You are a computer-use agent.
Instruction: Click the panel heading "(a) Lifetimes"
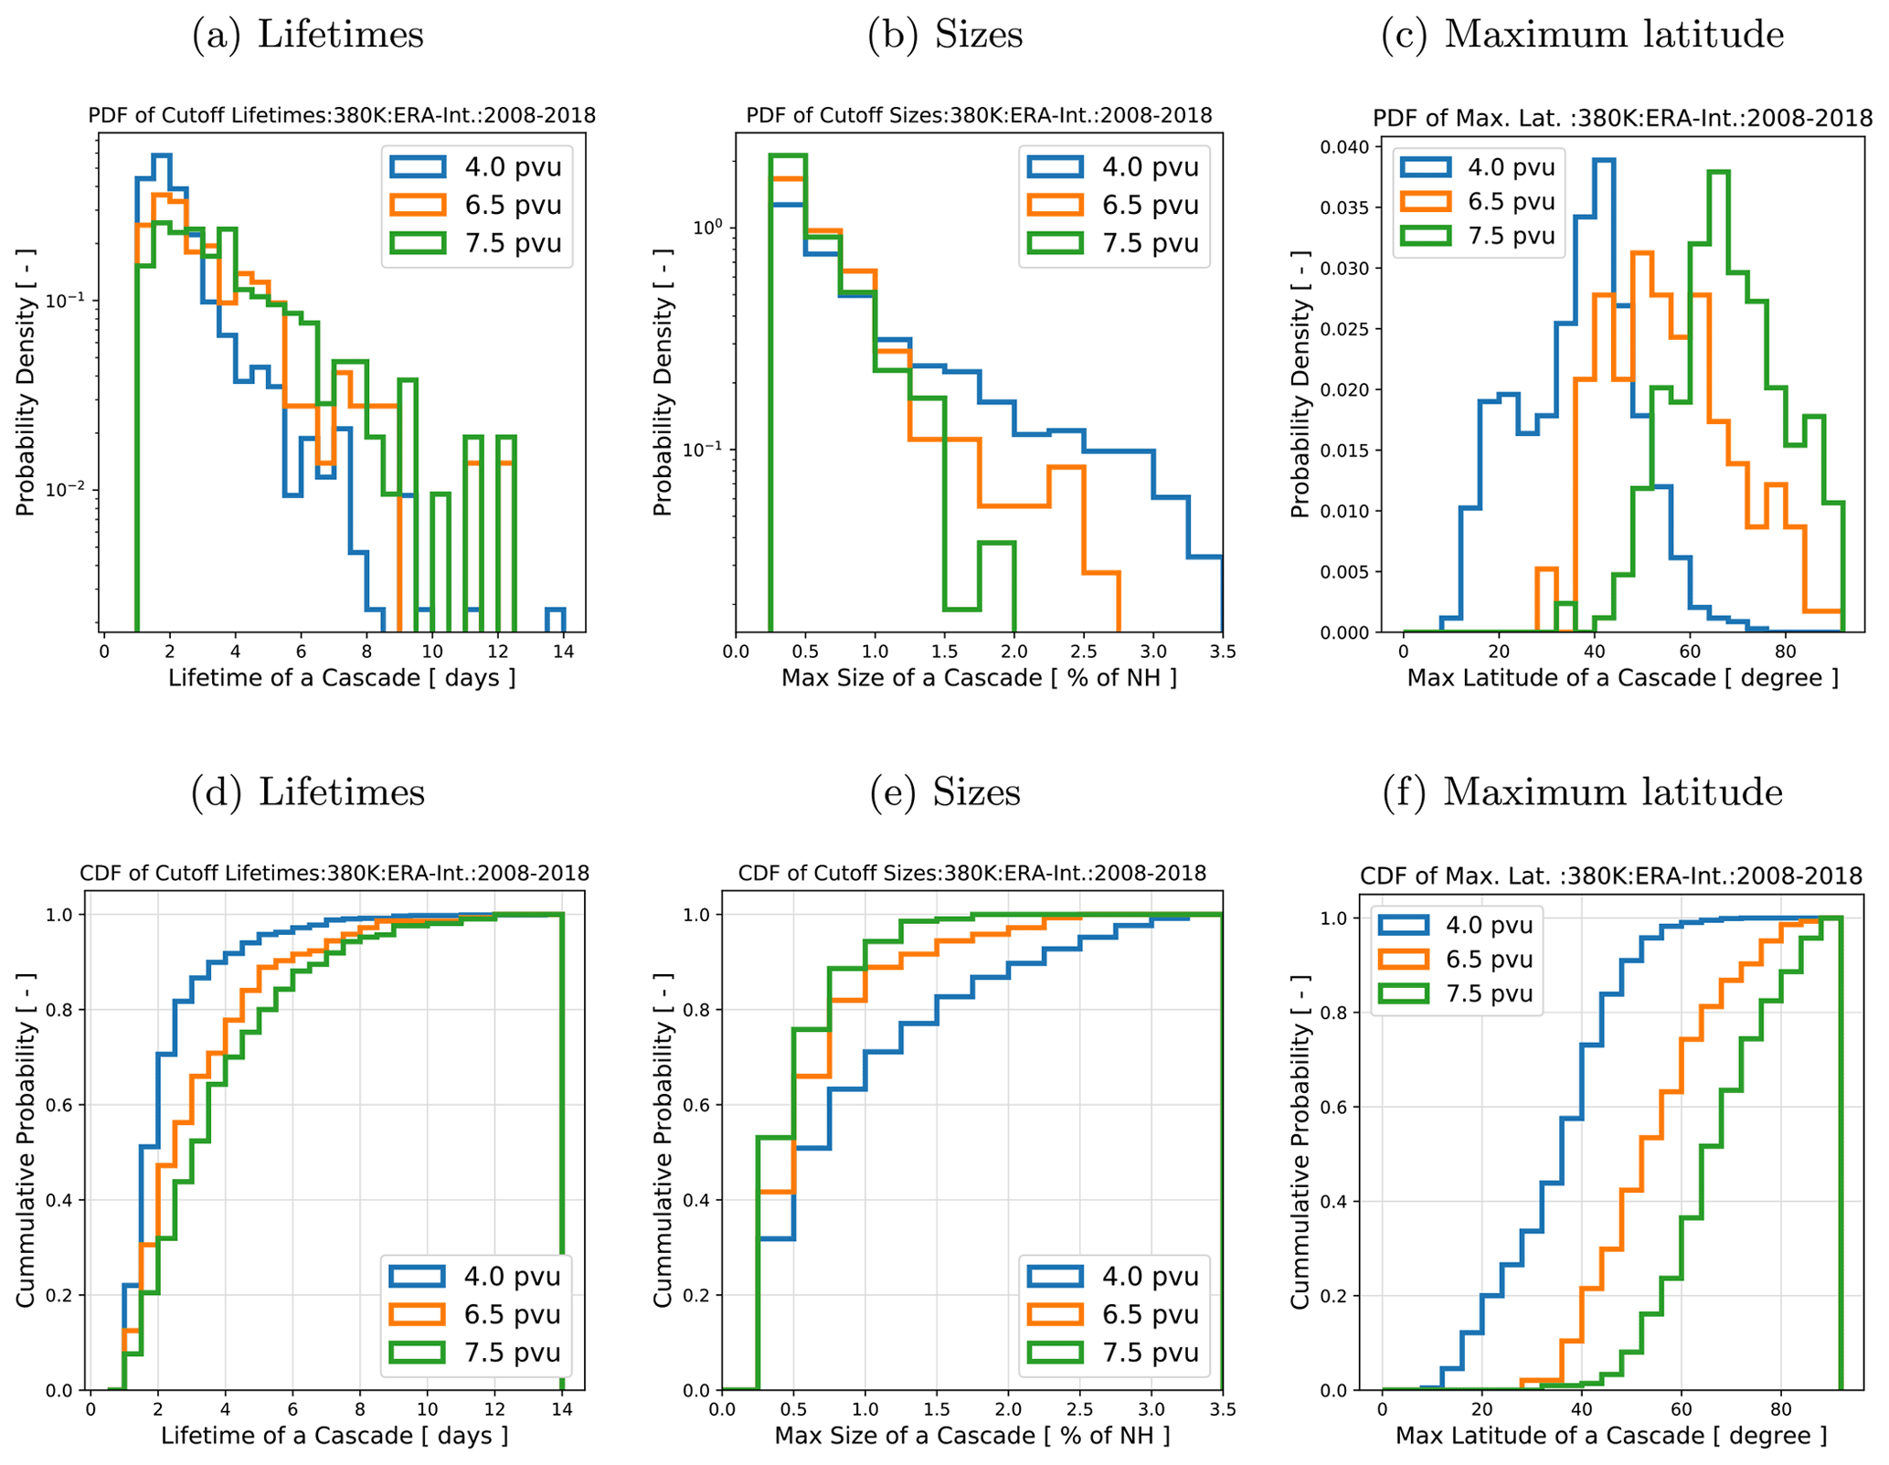307,35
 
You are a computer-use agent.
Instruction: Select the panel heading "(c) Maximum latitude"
1581,35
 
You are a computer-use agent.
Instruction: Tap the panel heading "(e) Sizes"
944,791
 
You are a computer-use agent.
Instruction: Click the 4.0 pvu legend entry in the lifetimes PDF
475,167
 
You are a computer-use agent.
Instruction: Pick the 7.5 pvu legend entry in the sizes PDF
1112,243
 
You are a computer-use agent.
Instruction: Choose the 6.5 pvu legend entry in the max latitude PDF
1473,201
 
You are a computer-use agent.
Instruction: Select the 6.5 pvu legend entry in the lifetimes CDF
475,1314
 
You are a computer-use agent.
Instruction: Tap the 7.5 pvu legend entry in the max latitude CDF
1455,993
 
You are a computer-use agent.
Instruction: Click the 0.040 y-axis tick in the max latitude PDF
1343,147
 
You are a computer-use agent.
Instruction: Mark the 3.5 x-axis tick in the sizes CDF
1222,1408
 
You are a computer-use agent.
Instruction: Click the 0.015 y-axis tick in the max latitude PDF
1343,451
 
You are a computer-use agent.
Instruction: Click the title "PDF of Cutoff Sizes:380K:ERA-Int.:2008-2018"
979,116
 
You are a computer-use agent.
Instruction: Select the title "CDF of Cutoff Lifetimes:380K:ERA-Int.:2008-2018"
334,873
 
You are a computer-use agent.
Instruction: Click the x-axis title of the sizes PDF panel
979,678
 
